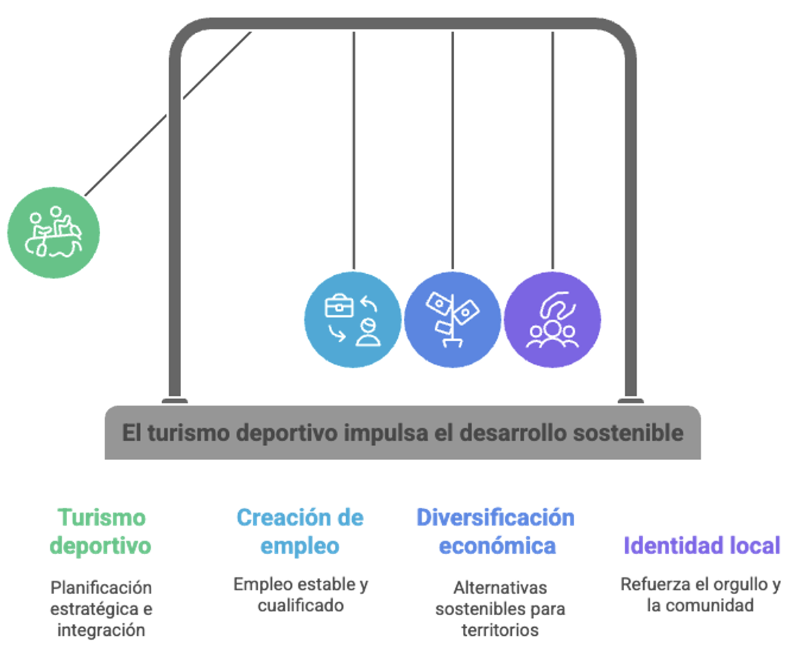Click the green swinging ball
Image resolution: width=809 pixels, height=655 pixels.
[x=54, y=233]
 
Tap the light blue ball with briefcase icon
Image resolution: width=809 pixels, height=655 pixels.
[x=353, y=320]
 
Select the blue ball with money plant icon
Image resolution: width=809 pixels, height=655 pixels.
[x=453, y=320]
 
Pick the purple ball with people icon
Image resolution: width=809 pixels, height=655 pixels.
[x=552, y=320]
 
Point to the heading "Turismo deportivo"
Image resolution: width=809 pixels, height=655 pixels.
[x=101, y=532]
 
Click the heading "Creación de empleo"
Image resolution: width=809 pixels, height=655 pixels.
[x=300, y=532]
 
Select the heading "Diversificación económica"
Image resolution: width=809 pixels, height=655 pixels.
[x=496, y=532]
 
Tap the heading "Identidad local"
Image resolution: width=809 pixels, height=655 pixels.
[x=702, y=546]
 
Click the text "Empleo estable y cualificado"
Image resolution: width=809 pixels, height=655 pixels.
[x=300, y=595]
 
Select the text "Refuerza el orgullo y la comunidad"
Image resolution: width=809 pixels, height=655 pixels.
[x=700, y=595]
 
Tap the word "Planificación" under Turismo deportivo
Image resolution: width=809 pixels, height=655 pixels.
[x=101, y=587]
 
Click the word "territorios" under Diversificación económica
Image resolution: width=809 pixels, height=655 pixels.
[x=500, y=630]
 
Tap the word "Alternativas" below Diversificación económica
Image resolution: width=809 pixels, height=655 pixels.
[x=500, y=587]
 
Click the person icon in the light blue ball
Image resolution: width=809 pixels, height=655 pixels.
[x=368, y=331]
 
